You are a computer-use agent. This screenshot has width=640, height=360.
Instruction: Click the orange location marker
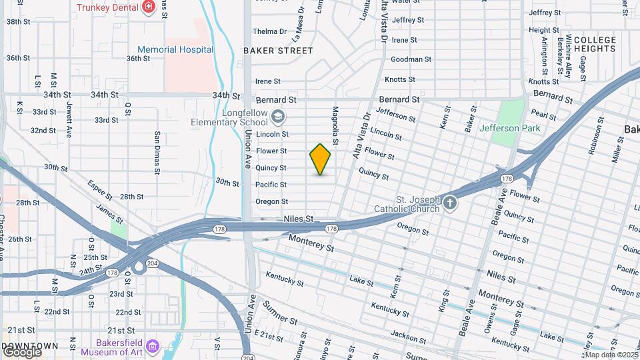pos(320,159)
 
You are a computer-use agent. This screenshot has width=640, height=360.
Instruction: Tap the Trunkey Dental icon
pos(148,8)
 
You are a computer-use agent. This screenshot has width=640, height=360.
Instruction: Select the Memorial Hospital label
pos(175,49)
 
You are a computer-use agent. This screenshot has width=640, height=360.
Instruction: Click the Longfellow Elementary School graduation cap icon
pos(277,118)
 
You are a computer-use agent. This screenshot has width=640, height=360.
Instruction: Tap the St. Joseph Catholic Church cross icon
pos(450,203)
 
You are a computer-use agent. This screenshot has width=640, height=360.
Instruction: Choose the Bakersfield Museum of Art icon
pos(153,346)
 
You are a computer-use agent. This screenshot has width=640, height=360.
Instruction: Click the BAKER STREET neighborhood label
pos(278,51)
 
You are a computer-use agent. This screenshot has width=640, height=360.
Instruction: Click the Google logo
pos(21,351)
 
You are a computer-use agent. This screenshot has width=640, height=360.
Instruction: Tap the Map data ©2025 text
pos(611,355)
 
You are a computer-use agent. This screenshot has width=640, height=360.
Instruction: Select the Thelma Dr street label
pos(269,31)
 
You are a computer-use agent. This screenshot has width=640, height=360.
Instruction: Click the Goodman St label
pos(407,59)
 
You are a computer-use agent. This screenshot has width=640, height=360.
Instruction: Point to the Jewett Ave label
pos(69,120)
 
